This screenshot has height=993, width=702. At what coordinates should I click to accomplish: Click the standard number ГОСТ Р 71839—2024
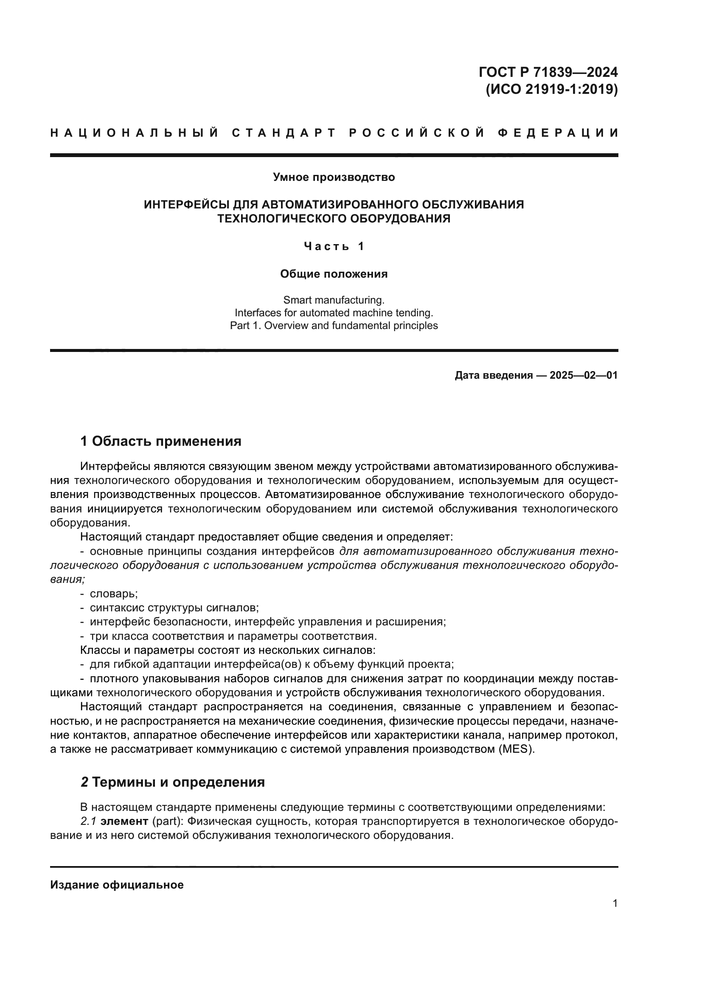[x=548, y=72]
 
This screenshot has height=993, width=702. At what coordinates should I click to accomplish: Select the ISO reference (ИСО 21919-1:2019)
[x=552, y=89]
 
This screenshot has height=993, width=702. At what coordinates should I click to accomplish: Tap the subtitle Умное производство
[x=334, y=177]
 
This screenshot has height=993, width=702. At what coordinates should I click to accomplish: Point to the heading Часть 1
[x=334, y=247]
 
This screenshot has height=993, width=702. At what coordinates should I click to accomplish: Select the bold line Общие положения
[x=334, y=274]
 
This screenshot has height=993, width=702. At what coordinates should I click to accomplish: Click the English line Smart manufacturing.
[x=334, y=300]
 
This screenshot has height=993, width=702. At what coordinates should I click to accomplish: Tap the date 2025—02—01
[x=584, y=375]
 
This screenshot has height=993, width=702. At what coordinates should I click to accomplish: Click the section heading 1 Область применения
[x=161, y=441]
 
